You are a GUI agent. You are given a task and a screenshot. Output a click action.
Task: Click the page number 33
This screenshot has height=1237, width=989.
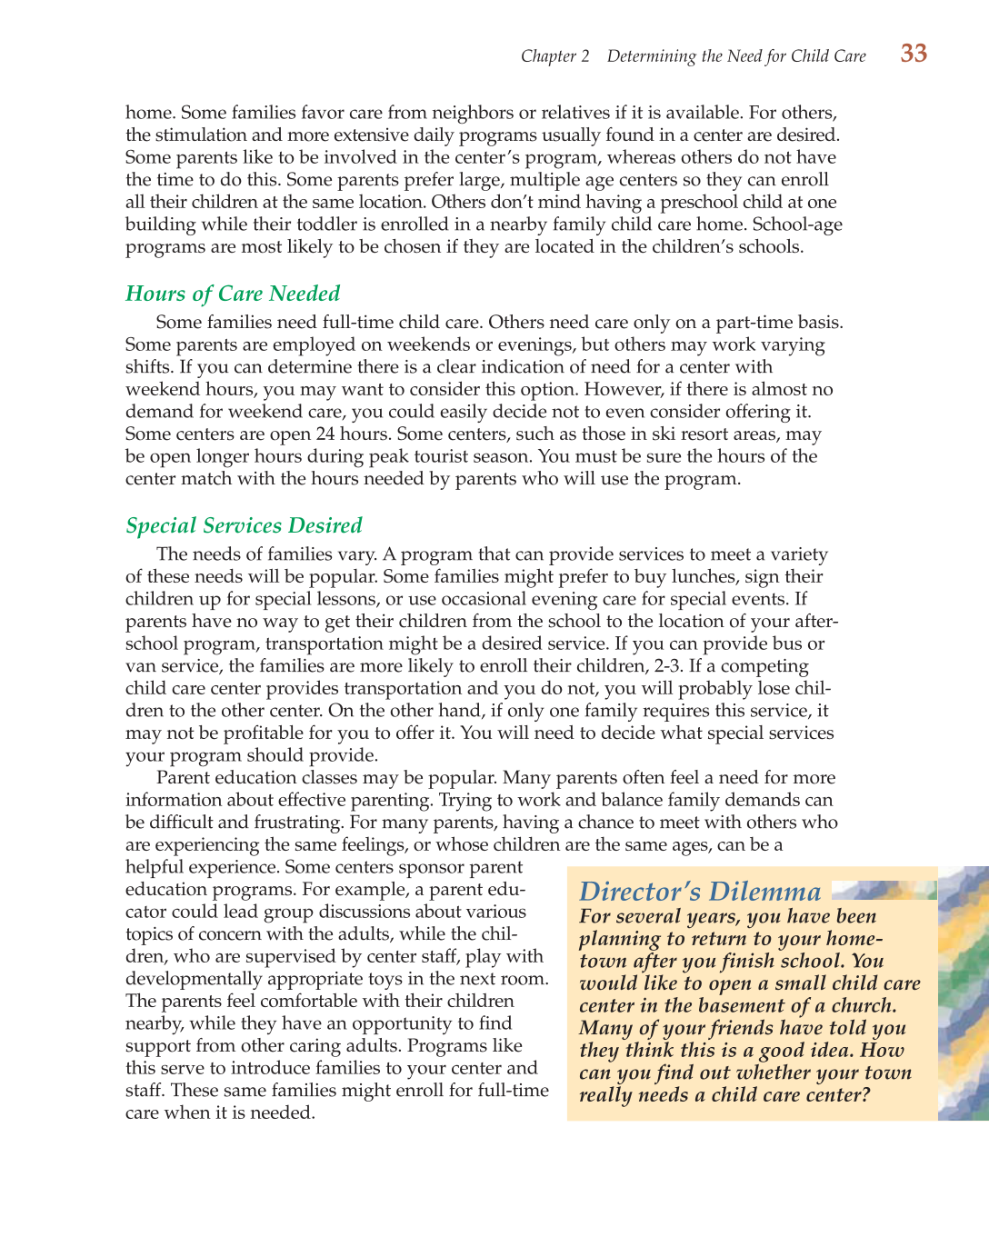(x=914, y=54)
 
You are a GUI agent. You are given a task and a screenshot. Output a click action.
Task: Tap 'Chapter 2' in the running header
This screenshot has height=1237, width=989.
(x=554, y=56)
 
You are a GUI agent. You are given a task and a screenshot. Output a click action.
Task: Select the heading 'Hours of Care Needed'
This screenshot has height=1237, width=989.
(x=233, y=294)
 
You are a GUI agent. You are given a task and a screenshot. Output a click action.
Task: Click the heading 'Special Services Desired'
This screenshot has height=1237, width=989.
(x=244, y=525)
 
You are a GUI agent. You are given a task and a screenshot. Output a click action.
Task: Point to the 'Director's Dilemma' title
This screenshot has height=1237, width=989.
(x=699, y=892)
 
